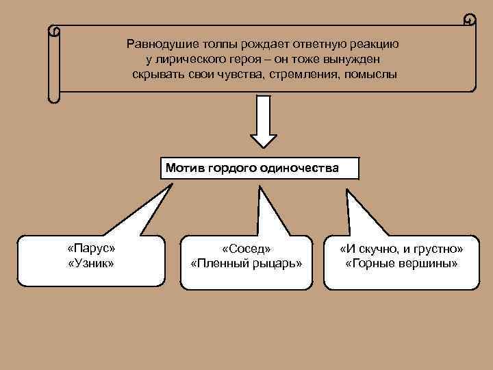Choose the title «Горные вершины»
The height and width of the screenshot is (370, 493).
(402, 262)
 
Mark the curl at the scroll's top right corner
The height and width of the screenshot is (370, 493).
(469, 19)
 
